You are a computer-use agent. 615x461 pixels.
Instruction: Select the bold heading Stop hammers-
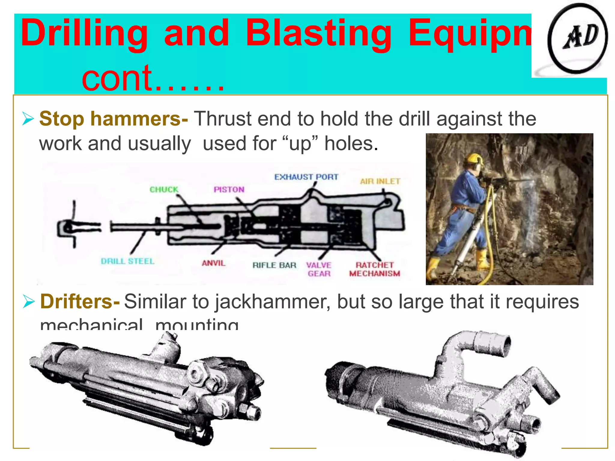(114, 119)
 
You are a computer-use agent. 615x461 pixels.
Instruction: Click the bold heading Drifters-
(80, 301)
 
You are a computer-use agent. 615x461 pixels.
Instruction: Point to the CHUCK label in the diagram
(164, 190)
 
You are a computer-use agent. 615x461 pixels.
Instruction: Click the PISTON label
(229, 190)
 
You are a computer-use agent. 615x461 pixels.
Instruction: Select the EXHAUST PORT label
(306, 177)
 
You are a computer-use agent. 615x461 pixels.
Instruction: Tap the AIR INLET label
(380, 182)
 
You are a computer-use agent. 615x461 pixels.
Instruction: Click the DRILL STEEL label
(128, 261)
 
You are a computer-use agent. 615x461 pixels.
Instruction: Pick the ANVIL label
(214, 263)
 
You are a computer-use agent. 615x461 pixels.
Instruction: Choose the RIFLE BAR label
(274, 265)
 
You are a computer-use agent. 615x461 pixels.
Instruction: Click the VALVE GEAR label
(319, 270)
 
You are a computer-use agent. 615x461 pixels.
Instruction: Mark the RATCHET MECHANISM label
(374, 269)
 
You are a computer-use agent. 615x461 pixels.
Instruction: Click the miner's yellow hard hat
(474, 158)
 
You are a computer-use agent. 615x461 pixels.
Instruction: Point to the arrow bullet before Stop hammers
(28, 119)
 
